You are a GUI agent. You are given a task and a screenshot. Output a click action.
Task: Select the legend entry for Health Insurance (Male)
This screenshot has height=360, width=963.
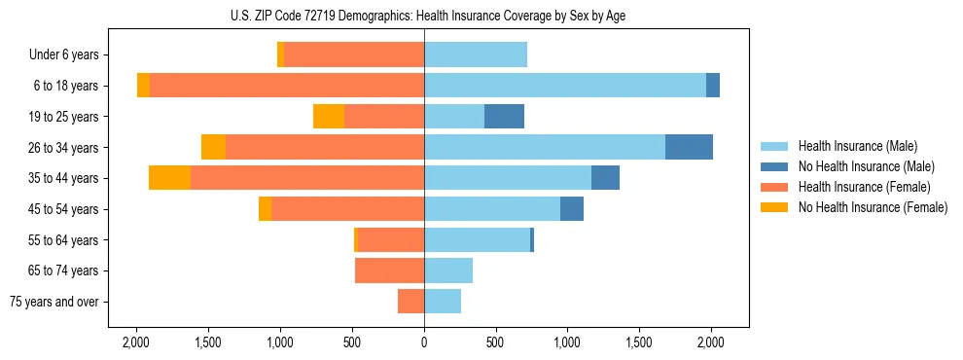[x=857, y=146]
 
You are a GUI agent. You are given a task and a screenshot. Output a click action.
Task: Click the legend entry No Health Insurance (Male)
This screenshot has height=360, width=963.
[x=866, y=166]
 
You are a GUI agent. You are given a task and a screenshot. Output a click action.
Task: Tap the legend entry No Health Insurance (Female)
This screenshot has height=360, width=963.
[x=873, y=207]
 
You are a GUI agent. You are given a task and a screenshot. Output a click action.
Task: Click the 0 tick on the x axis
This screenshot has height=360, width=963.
[x=424, y=342]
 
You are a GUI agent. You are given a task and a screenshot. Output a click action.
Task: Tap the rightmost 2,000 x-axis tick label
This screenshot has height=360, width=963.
[x=711, y=342]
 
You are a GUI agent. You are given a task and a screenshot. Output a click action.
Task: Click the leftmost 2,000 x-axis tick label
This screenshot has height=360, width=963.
[x=136, y=342]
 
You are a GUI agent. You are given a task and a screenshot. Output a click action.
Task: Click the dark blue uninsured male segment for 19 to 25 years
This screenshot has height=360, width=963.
[x=504, y=117]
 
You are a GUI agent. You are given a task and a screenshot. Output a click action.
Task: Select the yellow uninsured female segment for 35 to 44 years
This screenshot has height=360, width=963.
[x=169, y=178]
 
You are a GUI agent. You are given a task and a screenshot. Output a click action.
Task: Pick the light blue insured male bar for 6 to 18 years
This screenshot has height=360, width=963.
[x=564, y=86]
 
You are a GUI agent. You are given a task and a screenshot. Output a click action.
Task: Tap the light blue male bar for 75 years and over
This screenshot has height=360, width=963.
[x=443, y=302]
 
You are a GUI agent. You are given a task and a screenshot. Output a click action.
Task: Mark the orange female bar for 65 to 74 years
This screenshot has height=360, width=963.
[x=389, y=270]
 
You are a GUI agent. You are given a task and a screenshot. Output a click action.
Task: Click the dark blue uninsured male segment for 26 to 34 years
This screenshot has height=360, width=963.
[x=689, y=147]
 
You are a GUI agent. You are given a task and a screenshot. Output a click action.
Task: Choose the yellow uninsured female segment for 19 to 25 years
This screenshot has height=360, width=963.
[x=329, y=117]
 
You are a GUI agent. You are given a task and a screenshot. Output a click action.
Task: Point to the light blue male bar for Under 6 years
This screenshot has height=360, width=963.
[x=476, y=55]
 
